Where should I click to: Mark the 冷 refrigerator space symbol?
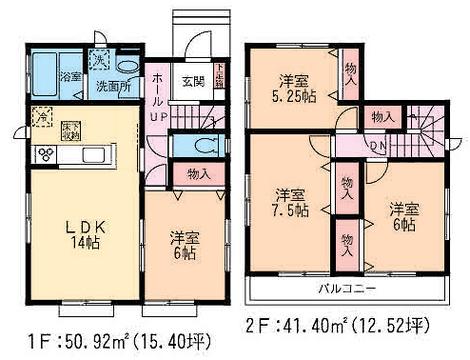[x=41, y=116]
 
